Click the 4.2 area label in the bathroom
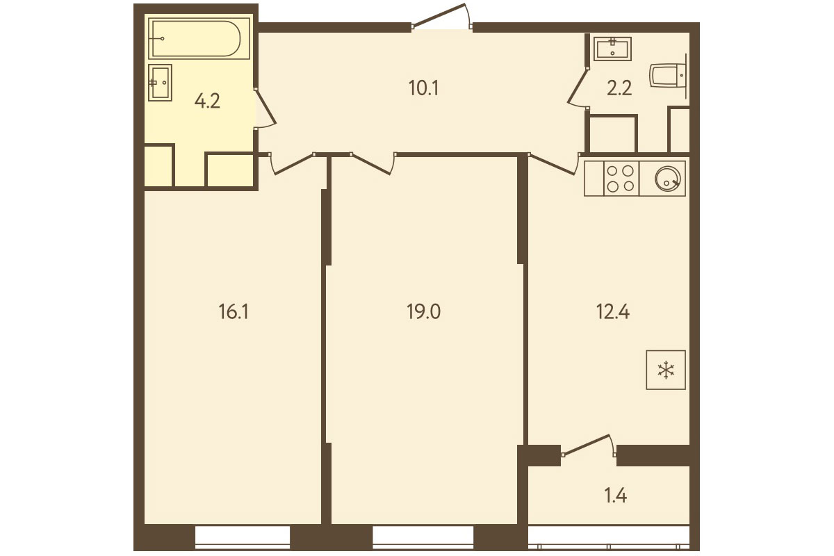[207, 101]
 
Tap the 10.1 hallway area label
[424, 89]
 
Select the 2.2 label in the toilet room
[619, 89]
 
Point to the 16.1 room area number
[234, 311]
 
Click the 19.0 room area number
[424, 311]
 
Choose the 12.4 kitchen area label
[613, 311]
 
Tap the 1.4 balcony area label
[616, 496]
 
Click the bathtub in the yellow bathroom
[199, 38]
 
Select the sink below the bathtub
[160, 82]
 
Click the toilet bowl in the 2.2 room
[669, 76]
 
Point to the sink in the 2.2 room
[612, 49]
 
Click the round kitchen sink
[668, 179]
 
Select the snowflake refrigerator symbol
[666, 370]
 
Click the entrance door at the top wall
[442, 16]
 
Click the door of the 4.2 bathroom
[265, 108]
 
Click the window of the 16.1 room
[243, 537]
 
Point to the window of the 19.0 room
[423, 537]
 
